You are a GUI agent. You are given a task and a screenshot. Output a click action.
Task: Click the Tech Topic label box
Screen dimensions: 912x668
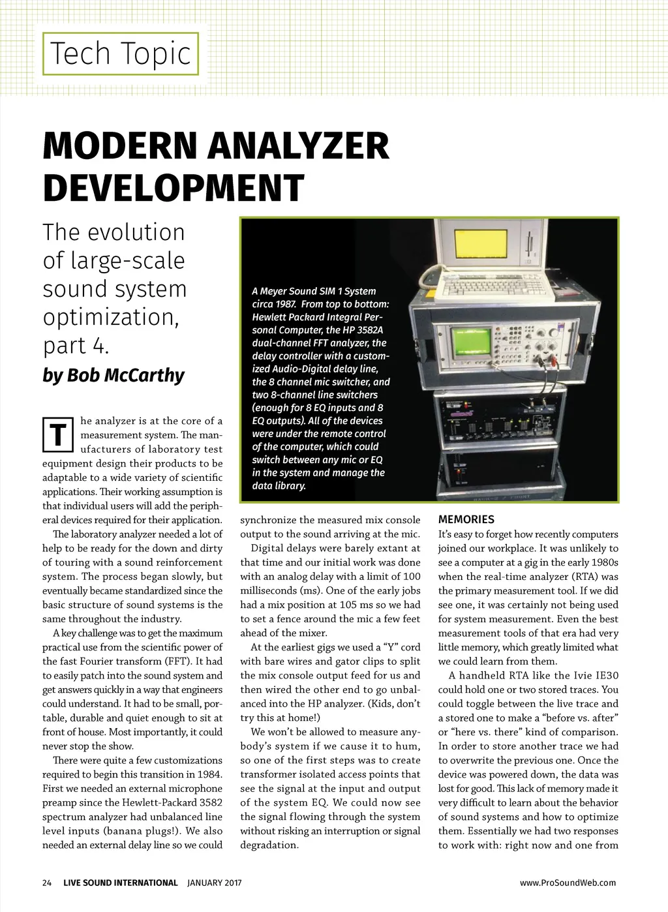point(121,53)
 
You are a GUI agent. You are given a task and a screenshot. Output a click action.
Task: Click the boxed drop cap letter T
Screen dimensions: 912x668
point(58,434)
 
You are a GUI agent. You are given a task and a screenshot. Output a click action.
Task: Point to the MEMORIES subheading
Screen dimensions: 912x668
point(466,520)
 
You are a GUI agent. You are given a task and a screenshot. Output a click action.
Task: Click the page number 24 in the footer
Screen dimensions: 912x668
point(47,883)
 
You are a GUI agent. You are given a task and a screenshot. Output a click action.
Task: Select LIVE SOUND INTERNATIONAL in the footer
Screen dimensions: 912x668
point(121,883)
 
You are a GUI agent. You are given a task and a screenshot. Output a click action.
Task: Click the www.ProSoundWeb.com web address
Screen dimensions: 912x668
point(568,883)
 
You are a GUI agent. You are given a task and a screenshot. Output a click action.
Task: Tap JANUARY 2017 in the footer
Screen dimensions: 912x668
point(215,883)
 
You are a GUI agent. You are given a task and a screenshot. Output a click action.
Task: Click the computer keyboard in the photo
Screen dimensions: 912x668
point(496,285)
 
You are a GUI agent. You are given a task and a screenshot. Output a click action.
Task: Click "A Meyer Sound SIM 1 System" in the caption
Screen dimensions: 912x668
point(314,291)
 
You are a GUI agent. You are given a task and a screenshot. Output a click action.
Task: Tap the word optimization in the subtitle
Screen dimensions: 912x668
point(111,318)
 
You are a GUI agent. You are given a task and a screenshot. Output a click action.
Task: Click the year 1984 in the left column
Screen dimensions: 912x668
point(209,774)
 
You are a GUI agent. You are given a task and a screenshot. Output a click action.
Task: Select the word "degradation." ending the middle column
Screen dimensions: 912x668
point(269,845)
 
